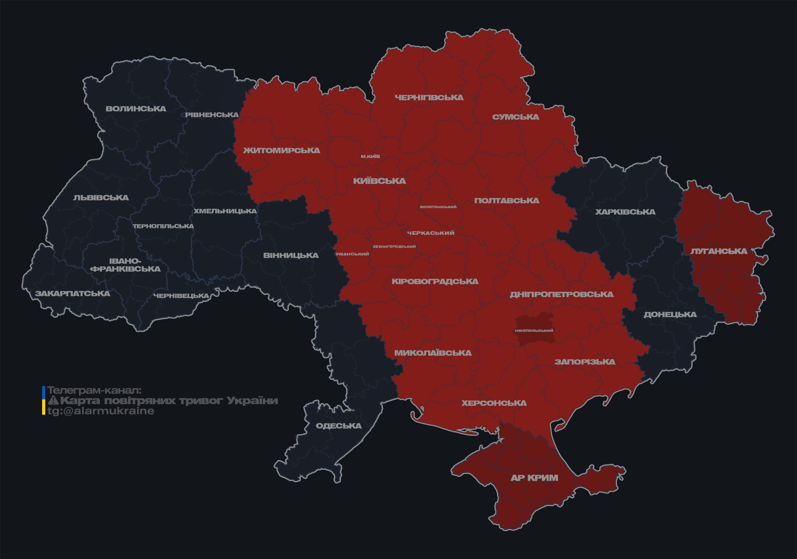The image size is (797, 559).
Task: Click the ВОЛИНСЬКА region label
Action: tap(136, 109)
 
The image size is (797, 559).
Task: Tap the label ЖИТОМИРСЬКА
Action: tap(281, 150)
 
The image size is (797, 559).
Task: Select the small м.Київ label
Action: tap(370, 156)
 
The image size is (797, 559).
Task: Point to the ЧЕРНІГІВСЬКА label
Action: tap(429, 97)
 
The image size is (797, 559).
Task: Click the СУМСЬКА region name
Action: tap(516, 117)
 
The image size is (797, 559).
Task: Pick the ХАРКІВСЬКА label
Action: tap(625, 212)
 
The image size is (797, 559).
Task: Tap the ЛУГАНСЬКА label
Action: tap(719, 251)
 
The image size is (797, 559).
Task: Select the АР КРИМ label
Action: tap(534, 478)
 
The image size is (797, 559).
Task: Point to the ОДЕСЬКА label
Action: tap(338, 426)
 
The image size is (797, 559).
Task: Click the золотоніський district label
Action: tap(438, 207)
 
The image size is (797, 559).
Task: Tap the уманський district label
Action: tap(352, 254)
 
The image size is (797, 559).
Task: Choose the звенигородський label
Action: tap(394, 247)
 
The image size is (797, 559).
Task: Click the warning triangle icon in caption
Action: tap(53, 401)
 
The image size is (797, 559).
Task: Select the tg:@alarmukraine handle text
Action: tap(101, 411)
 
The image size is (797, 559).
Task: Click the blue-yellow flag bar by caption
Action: tap(44, 401)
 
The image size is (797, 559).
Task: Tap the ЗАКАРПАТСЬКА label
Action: tap(72, 293)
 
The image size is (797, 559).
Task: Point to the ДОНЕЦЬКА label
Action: tap(670, 314)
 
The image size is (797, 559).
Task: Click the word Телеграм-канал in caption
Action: tap(94, 390)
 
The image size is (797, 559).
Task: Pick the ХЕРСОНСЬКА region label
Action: tap(494, 403)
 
